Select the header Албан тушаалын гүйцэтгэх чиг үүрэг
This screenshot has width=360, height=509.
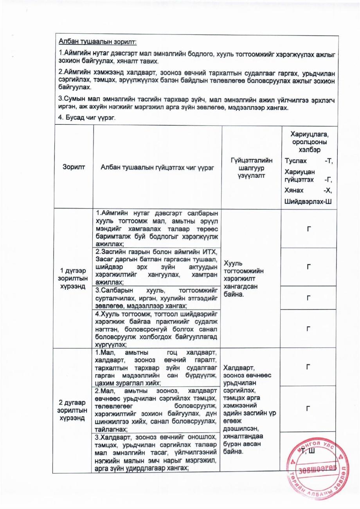pyautogui.click(x=157, y=168)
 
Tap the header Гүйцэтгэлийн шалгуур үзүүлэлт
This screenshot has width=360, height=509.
pyautogui.click(x=251, y=168)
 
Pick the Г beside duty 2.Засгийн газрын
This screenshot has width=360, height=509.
pyautogui.click(x=309, y=267)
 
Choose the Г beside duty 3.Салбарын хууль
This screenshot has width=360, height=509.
pyautogui.click(x=309, y=298)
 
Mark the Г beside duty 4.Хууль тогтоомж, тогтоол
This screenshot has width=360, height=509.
pyautogui.click(x=309, y=329)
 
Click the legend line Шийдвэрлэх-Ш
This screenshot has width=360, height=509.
pyautogui.click(x=309, y=201)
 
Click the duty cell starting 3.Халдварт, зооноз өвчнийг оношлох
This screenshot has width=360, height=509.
pyautogui.click(x=157, y=453)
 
